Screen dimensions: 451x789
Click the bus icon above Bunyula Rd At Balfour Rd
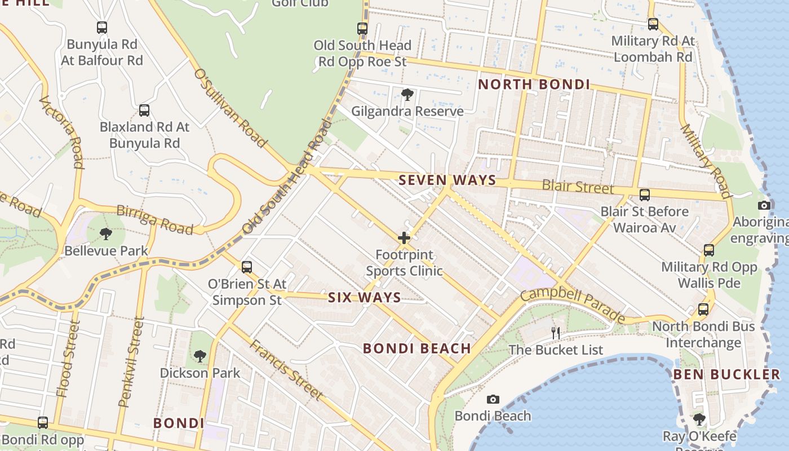[x=102, y=27]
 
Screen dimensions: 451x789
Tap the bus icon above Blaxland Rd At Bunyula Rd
[x=144, y=110]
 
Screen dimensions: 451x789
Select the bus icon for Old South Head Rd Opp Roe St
[x=362, y=28]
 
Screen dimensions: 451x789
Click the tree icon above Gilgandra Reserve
[x=407, y=94]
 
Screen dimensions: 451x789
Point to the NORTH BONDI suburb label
[x=534, y=85]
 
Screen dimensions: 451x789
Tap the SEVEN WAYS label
[x=447, y=180]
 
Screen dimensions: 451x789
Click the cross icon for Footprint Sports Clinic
[x=404, y=238]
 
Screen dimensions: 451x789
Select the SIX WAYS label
[x=365, y=298]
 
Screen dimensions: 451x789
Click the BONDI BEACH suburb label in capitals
[x=417, y=348]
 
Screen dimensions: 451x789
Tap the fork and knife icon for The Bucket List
[x=556, y=333]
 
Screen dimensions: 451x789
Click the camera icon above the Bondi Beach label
[x=493, y=399]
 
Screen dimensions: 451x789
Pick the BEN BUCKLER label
[x=726, y=374]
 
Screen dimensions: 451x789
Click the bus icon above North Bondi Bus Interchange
[x=703, y=309]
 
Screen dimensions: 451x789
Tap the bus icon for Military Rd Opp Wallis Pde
[x=709, y=250]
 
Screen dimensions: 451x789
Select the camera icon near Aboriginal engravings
[x=764, y=205]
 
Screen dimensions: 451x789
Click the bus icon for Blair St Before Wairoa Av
[x=644, y=195]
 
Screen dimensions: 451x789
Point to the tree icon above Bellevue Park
[x=105, y=233]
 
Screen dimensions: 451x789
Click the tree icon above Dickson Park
[x=200, y=356]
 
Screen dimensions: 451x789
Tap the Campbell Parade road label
[x=572, y=305]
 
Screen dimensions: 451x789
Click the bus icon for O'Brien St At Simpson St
[x=247, y=267]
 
